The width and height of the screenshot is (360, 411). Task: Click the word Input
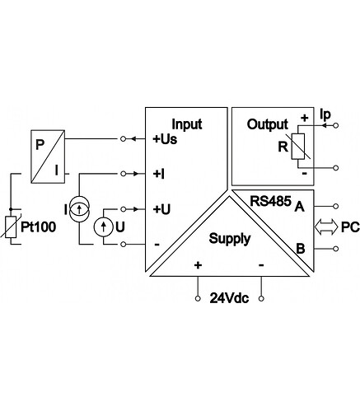pyautogui.click(x=187, y=124)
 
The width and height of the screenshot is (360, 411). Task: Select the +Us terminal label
pyautogui.click(x=165, y=139)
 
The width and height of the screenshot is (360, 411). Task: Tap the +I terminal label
pyautogui.click(x=158, y=174)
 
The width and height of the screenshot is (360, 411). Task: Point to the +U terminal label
pyautogui.click(x=161, y=209)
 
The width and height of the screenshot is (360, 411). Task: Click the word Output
pyautogui.click(x=268, y=124)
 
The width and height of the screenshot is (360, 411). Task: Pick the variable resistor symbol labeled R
pyautogui.click(x=298, y=147)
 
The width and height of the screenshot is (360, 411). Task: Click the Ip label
pyautogui.click(x=325, y=114)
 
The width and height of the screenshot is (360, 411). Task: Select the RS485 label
pyautogui.click(x=270, y=201)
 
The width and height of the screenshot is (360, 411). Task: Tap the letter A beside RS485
pyautogui.click(x=299, y=207)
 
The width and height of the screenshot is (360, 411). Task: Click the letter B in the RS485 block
pyautogui.click(x=300, y=249)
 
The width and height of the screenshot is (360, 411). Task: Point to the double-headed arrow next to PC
pyautogui.click(x=326, y=227)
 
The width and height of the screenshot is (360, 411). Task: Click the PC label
pyautogui.click(x=350, y=227)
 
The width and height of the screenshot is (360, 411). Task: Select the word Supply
pyautogui.click(x=230, y=239)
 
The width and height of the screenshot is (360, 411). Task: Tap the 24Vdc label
pyautogui.click(x=229, y=298)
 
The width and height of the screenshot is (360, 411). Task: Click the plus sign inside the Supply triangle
pyautogui.click(x=198, y=265)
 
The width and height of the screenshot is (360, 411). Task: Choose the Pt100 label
pyautogui.click(x=39, y=227)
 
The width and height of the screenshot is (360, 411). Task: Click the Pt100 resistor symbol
pyautogui.click(x=11, y=227)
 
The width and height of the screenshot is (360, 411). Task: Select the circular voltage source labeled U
pyautogui.click(x=104, y=227)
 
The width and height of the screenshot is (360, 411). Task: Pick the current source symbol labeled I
pyautogui.click(x=79, y=209)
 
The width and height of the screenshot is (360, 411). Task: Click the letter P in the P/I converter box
pyautogui.click(x=40, y=145)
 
